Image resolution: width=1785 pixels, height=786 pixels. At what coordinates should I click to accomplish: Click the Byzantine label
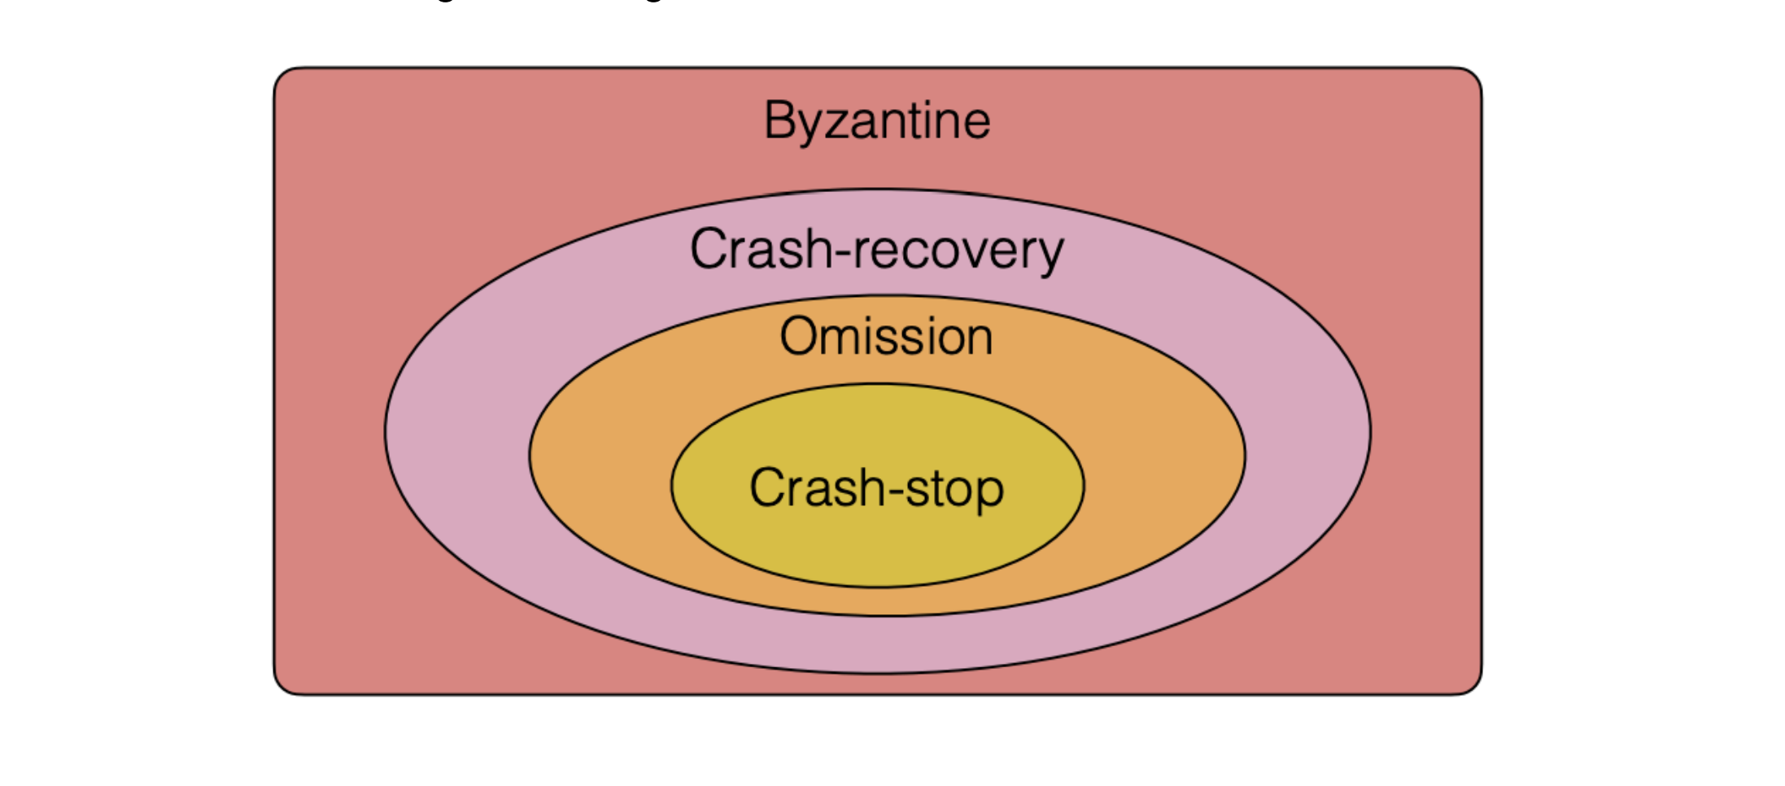[877, 120]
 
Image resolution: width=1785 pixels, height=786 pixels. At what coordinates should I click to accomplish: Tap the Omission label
[886, 336]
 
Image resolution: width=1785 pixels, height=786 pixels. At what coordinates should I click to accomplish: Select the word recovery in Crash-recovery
[959, 250]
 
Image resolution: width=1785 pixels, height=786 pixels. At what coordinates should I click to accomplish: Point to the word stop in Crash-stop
[954, 488]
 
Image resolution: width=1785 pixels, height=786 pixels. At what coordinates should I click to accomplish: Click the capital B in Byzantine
[779, 120]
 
